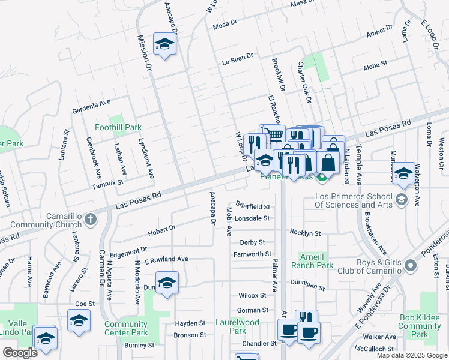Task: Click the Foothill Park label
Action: coord(118,127)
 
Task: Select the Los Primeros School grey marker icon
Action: coord(402,199)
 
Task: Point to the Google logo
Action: coord(20,353)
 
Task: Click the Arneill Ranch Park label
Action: coord(312,260)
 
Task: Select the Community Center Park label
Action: coord(125,328)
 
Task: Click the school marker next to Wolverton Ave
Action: coord(403,173)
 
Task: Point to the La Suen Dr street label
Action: coord(238,58)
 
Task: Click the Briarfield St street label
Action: coord(253,207)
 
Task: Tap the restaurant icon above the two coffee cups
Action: coord(306,317)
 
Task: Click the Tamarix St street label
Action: coord(107,184)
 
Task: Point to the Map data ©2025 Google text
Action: coord(411,355)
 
